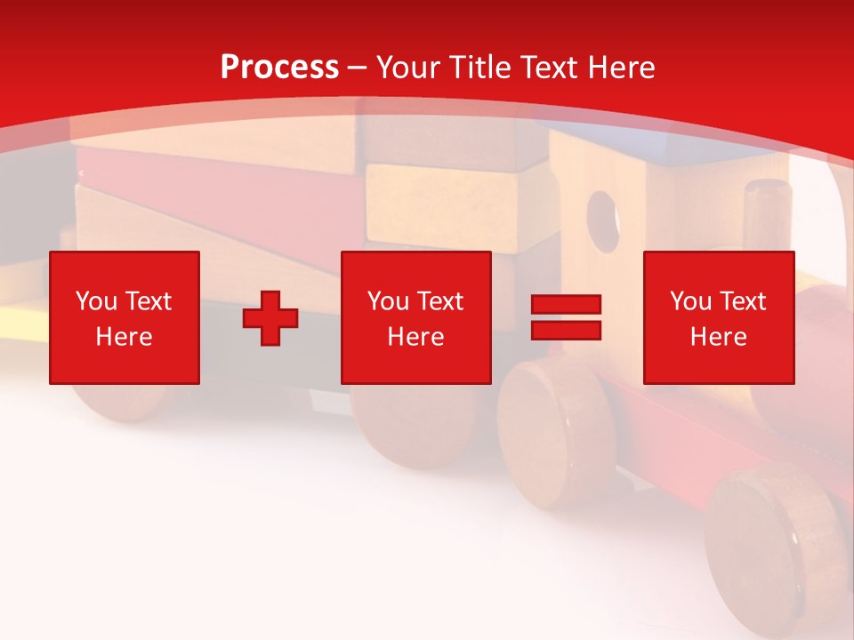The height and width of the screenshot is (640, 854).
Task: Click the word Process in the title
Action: (x=279, y=68)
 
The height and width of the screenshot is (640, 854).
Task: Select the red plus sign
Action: (x=270, y=318)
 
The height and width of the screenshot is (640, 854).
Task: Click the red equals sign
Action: (x=566, y=317)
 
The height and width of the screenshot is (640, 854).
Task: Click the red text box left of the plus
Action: (x=125, y=317)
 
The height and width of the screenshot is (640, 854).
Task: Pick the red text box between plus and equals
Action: (x=415, y=317)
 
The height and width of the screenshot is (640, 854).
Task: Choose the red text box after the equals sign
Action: (x=718, y=317)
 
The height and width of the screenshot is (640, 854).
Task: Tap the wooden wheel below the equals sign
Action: (x=556, y=427)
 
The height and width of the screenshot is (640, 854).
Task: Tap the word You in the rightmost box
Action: (x=690, y=301)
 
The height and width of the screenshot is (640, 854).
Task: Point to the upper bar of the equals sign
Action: (x=566, y=305)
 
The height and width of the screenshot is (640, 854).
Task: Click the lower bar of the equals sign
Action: (x=566, y=330)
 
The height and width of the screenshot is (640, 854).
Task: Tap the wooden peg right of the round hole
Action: (x=768, y=222)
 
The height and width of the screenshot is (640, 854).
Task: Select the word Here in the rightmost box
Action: (x=718, y=337)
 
